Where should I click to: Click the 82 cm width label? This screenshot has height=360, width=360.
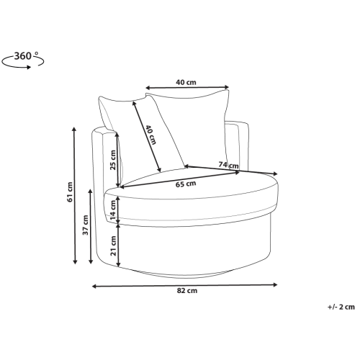[187, 291]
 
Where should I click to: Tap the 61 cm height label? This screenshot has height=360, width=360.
[70, 192]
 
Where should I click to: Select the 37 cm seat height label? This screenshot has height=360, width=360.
[86, 225]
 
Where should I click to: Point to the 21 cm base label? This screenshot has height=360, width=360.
[113, 246]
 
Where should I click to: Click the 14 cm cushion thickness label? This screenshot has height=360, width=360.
[113, 210]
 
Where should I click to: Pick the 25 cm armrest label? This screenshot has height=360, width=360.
[113, 160]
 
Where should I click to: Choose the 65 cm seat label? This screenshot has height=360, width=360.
[186, 184]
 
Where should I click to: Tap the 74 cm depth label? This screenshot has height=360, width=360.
[228, 165]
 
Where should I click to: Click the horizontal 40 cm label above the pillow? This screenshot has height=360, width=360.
[186, 82]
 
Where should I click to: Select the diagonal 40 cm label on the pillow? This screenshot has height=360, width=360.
[151, 135]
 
